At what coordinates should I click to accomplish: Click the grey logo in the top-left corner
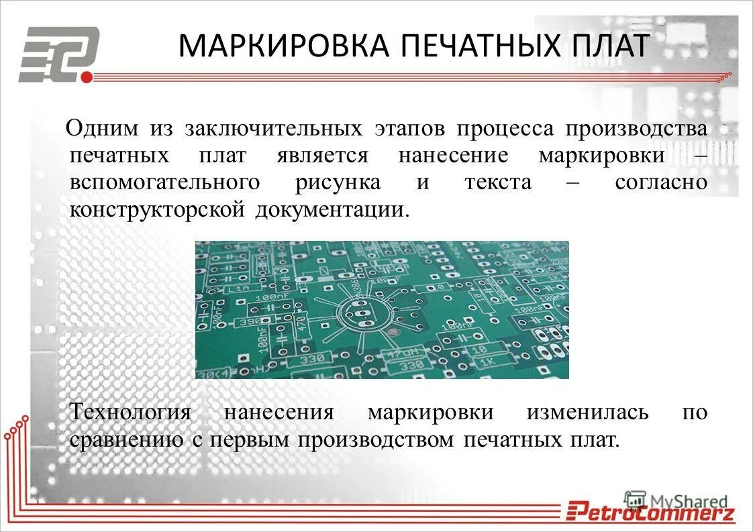point(59,53)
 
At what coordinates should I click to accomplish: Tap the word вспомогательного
point(165,182)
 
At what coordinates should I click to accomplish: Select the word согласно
point(661,182)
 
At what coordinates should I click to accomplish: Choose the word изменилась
point(587,411)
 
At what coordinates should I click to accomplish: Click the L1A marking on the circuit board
point(238,289)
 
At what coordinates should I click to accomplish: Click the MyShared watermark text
point(689,500)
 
